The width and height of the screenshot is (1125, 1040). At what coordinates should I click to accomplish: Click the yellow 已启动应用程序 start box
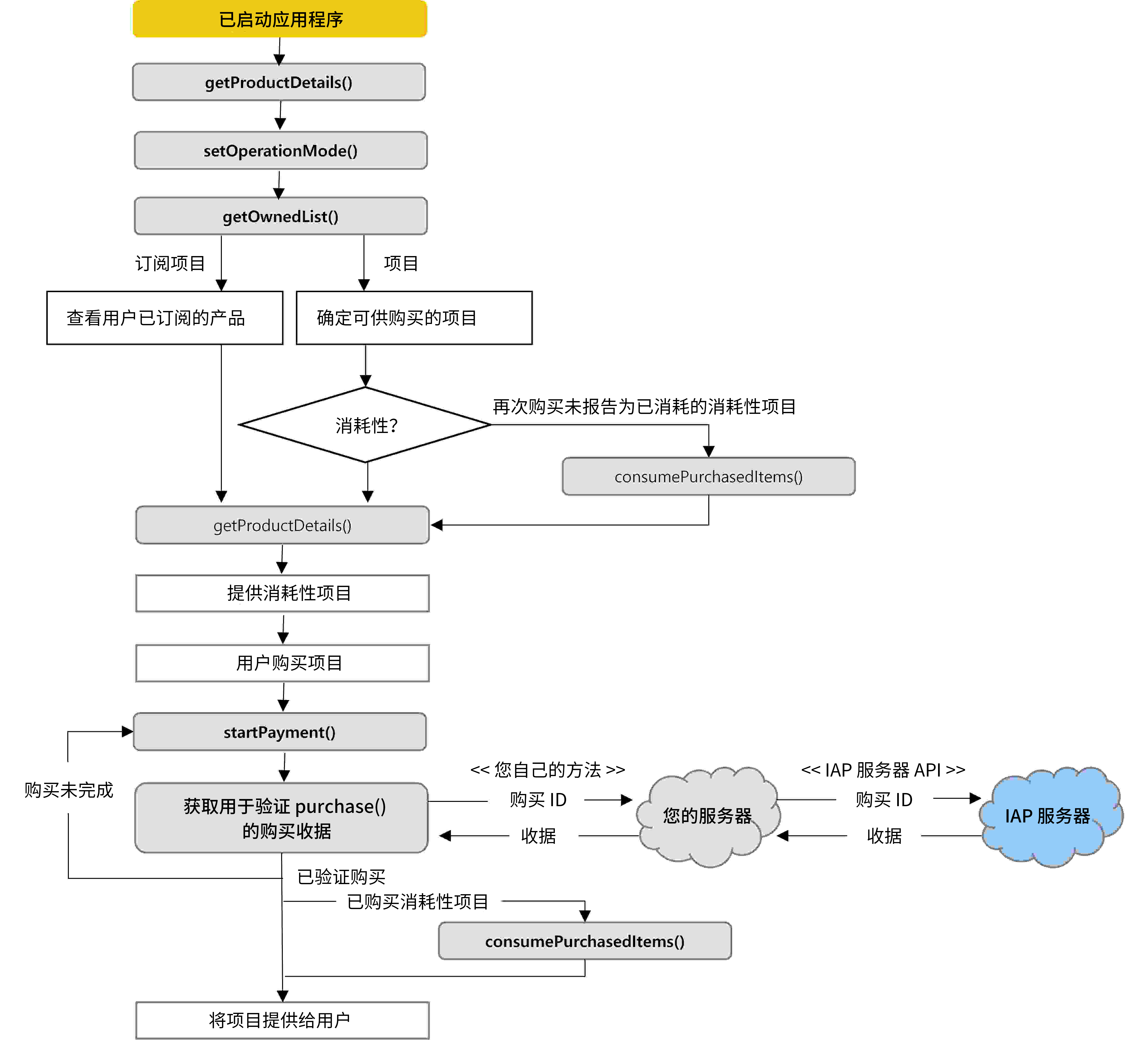tap(280, 19)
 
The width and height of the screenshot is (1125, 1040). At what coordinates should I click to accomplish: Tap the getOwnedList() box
tap(280, 216)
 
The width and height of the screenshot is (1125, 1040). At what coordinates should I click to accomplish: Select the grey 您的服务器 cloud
tap(707, 816)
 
